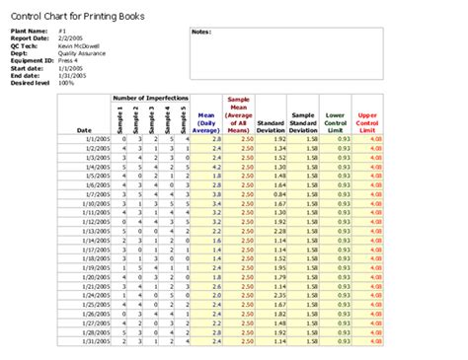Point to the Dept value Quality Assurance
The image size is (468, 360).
[x=80, y=53]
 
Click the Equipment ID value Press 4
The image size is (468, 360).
[x=69, y=60]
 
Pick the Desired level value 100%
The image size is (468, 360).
[x=66, y=82]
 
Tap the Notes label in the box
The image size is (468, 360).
[x=202, y=32]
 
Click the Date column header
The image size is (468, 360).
[x=84, y=129]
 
